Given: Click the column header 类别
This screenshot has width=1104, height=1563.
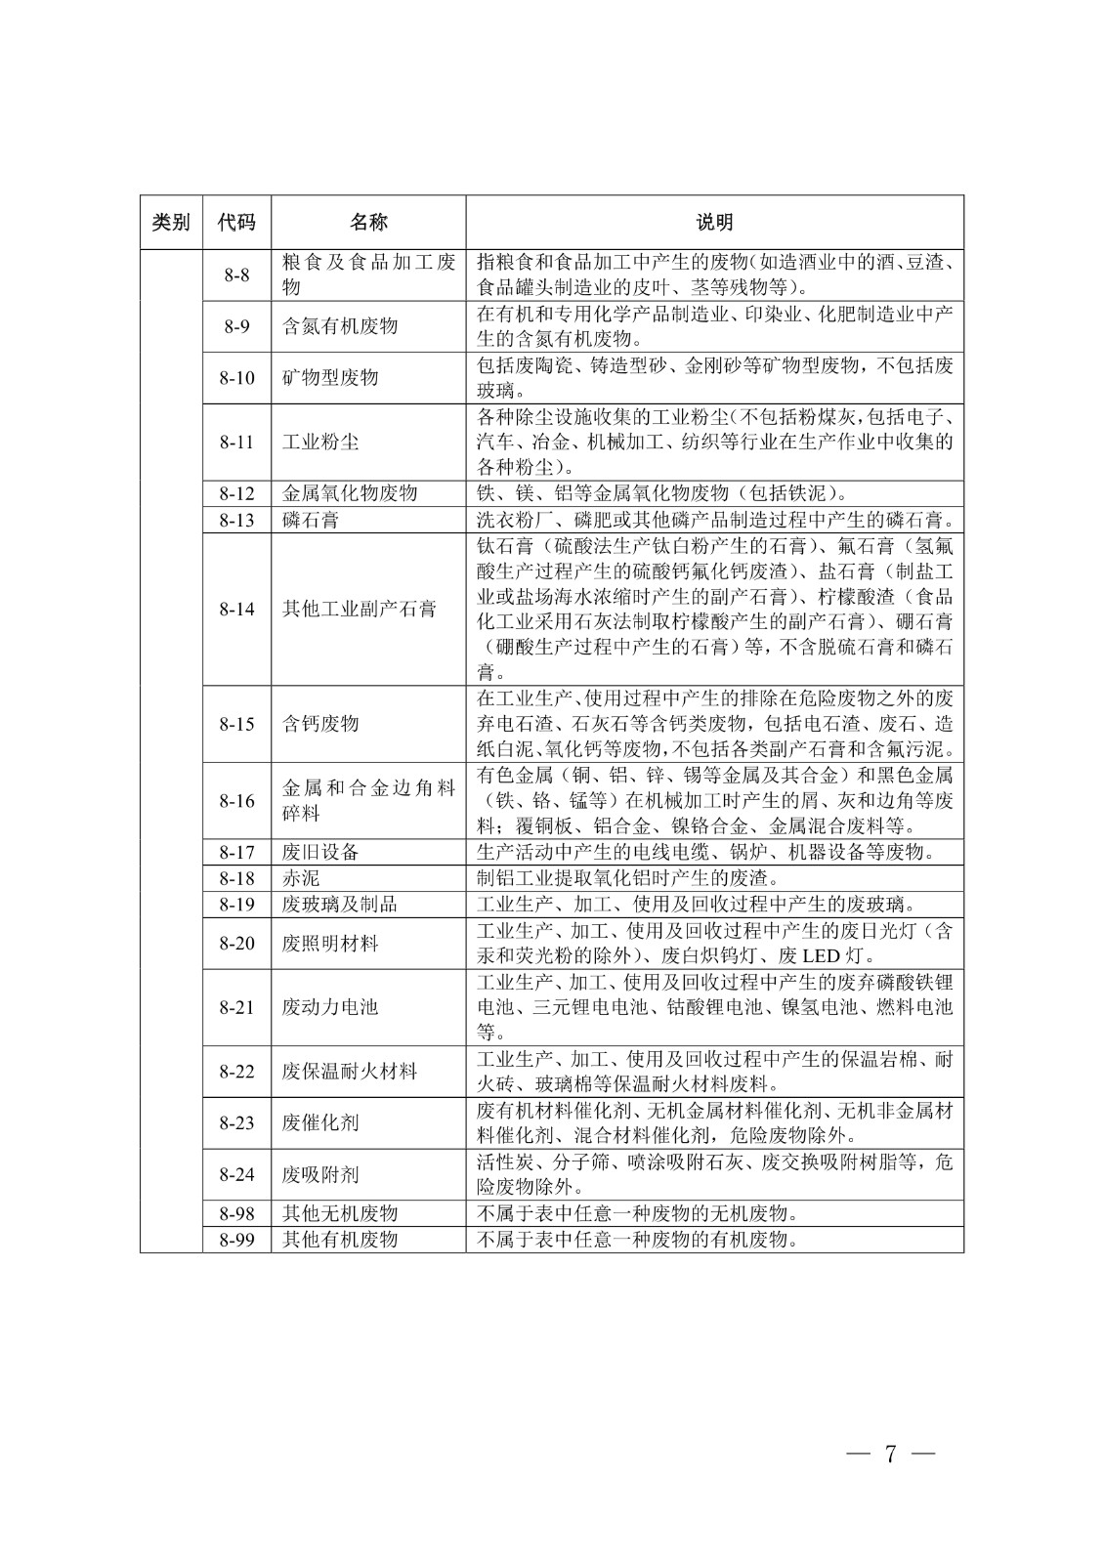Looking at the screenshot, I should (x=171, y=223).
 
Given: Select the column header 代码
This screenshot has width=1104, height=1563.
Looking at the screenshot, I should (x=236, y=223).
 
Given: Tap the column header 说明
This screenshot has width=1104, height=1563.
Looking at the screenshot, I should (x=714, y=223).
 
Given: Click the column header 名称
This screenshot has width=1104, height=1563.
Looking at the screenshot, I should (x=368, y=223).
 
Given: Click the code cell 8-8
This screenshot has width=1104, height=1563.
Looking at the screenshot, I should (x=236, y=275).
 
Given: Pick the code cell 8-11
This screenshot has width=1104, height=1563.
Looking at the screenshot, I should (x=236, y=442).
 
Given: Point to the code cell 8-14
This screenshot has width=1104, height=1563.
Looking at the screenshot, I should (x=236, y=610).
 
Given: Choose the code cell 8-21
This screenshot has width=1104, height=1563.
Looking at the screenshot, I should (x=236, y=1007).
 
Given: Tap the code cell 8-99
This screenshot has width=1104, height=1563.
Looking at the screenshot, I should (x=236, y=1240).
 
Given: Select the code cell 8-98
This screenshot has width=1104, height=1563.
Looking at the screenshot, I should (x=236, y=1213).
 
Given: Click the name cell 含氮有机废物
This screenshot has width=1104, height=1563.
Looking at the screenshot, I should (x=340, y=326).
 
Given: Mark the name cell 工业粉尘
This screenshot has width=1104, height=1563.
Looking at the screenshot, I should (x=320, y=442).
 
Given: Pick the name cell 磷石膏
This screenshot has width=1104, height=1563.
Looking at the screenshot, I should (x=311, y=520).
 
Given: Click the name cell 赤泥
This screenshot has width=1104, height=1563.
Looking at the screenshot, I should (x=301, y=878).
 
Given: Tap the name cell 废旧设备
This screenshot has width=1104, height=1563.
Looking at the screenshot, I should (x=320, y=852).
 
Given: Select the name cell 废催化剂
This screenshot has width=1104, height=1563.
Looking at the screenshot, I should (x=320, y=1123).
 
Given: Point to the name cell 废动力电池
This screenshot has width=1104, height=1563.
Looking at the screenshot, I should (x=330, y=1007).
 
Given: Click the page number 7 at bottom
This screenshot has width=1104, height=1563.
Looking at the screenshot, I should (x=890, y=1453).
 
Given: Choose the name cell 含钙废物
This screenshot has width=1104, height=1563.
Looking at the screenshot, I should (x=320, y=724).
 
